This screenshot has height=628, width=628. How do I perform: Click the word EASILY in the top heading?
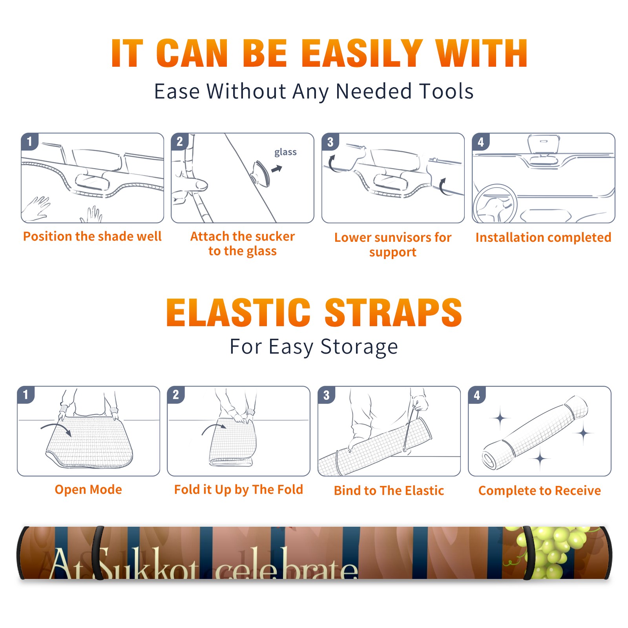pyautogui.click(x=362, y=53)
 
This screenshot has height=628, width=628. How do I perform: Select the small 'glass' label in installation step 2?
pyautogui.click(x=285, y=152)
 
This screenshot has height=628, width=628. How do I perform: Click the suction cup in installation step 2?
pyautogui.click(x=260, y=173)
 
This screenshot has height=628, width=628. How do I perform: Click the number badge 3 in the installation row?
pyautogui.click(x=330, y=142)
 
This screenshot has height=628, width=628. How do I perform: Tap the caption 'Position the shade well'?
pyautogui.click(x=92, y=236)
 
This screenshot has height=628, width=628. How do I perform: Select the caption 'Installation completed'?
pyautogui.click(x=543, y=237)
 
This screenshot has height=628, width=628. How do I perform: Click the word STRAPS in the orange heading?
pyautogui.click(x=393, y=312)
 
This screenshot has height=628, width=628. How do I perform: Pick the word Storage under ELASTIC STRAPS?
pyautogui.click(x=359, y=347)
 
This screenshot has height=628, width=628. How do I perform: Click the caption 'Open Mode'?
pyautogui.click(x=88, y=489)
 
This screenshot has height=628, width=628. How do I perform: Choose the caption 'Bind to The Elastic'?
pyautogui.click(x=389, y=491)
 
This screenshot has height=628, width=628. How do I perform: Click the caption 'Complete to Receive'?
pyautogui.click(x=540, y=491)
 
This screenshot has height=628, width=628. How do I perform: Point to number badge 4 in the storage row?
pyautogui.click(x=476, y=395)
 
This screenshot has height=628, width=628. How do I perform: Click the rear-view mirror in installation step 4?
pyautogui.click(x=543, y=144)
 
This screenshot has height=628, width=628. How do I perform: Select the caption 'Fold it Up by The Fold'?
pyautogui.click(x=239, y=490)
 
